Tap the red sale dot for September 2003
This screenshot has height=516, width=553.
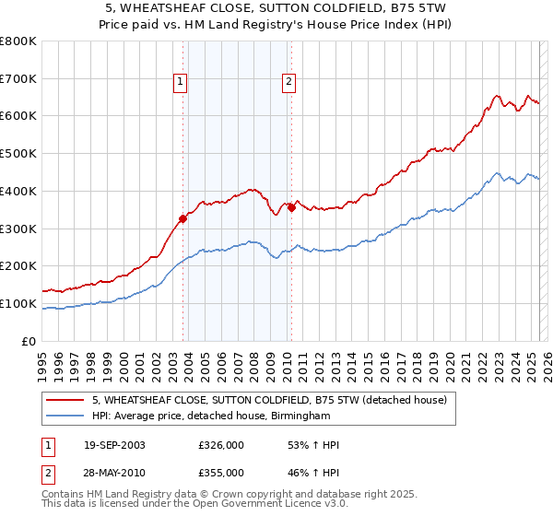tap(183, 218)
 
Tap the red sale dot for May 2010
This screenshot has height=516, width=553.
tap(292, 207)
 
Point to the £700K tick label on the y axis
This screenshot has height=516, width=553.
tap(18, 79)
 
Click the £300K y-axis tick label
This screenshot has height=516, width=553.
tap(18, 229)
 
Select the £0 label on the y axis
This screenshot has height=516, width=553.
tap(29, 341)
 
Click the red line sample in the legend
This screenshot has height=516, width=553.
tap(66, 400)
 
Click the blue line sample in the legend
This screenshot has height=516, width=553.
tap(66, 416)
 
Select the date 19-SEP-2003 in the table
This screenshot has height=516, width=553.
tap(114, 445)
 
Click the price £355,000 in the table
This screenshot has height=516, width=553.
tap(221, 472)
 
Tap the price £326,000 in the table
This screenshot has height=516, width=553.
tap(221, 445)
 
